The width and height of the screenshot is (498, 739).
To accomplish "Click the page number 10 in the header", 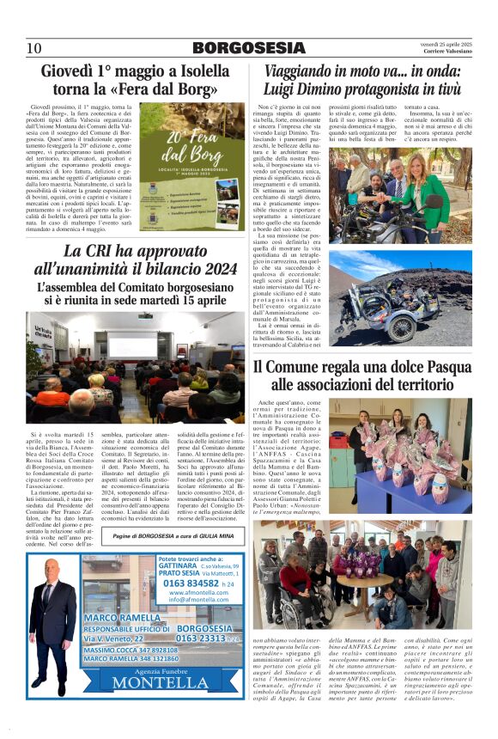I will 33,48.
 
